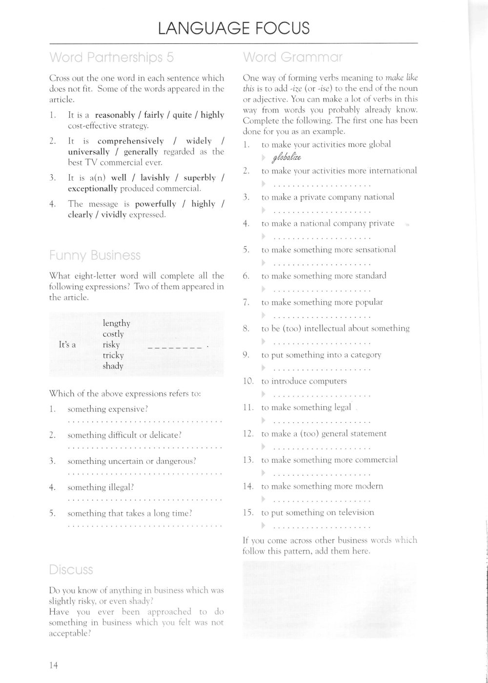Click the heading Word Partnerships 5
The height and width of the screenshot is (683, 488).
pyautogui.click(x=112, y=58)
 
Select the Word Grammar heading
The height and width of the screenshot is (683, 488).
pyautogui.click(x=292, y=58)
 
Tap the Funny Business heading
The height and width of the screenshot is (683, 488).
pyautogui.click(x=95, y=255)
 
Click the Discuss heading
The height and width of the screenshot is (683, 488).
pyautogui.click(x=71, y=570)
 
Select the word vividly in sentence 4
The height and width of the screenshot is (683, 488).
pyautogui.click(x=114, y=215)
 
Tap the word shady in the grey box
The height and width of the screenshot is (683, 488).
pyautogui.click(x=113, y=366)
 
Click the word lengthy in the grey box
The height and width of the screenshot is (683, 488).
pyautogui.click(x=116, y=323)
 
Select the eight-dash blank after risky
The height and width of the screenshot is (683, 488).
pyautogui.click(x=175, y=347)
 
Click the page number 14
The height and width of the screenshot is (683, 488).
pyautogui.click(x=54, y=665)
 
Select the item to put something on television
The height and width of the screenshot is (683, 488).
pyautogui.click(x=318, y=513)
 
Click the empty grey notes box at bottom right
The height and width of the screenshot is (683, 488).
pyautogui.click(x=329, y=600)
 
